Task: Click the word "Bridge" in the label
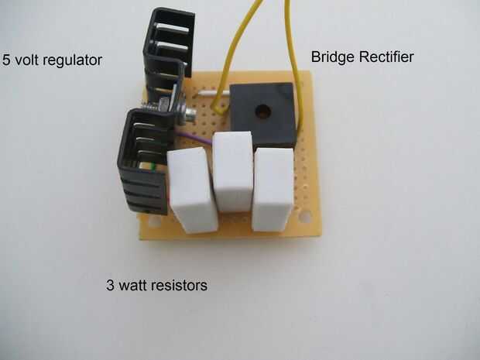coord(331,57)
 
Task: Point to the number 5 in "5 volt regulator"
coord(7,59)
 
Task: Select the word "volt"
coord(28,59)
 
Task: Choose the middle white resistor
coord(233,171)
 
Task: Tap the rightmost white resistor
coord(275,189)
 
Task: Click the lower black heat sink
coord(146,163)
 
